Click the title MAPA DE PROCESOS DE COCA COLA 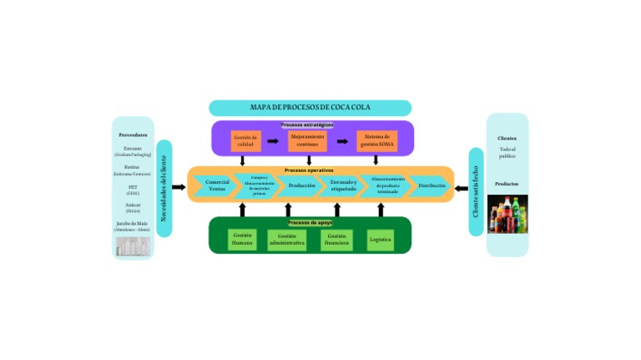click(x=310, y=108)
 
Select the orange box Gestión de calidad click(x=245, y=141)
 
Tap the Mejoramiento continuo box click(x=308, y=141)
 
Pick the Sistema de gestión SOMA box click(x=376, y=141)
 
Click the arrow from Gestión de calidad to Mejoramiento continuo click(x=273, y=141)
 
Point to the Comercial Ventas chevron click(x=217, y=185)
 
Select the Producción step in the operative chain click(x=302, y=185)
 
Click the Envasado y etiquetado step click(x=344, y=185)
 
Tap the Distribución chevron click(x=432, y=185)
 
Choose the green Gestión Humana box click(x=242, y=240)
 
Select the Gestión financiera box click(x=337, y=240)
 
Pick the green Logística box click(x=380, y=240)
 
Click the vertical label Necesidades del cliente click(x=164, y=187)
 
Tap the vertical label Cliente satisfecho click(x=476, y=191)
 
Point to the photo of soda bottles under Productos click(x=507, y=215)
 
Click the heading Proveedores click(x=133, y=134)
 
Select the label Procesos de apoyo click(x=310, y=223)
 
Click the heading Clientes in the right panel click(x=507, y=139)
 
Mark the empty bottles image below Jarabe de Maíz click(x=133, y=246)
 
